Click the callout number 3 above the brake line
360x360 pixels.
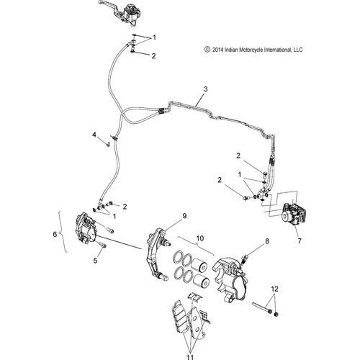(x=205, y=89)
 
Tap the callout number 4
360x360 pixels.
(x=94, y=135)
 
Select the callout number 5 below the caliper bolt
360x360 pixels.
(x=96, y=261)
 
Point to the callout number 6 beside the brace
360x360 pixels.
(x=55, y=234)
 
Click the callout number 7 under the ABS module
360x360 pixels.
(x=300, y=240)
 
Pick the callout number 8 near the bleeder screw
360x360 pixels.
(x=267, y=241)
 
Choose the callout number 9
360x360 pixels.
(x=184, y=216)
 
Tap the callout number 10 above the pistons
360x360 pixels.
(x=200, y=238)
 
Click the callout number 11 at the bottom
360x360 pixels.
(x=190, y=357)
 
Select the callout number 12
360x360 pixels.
(x=275, y=289)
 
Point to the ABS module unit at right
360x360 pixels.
(x=294, y=215)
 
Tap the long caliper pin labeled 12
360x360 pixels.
(x=262, y=308)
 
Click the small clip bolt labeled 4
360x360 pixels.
(x=108, y=145)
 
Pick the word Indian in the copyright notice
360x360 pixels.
(x=231, y=50)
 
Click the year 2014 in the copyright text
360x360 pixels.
(x=218, y=50)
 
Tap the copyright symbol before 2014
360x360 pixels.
(x=207, y=50)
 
